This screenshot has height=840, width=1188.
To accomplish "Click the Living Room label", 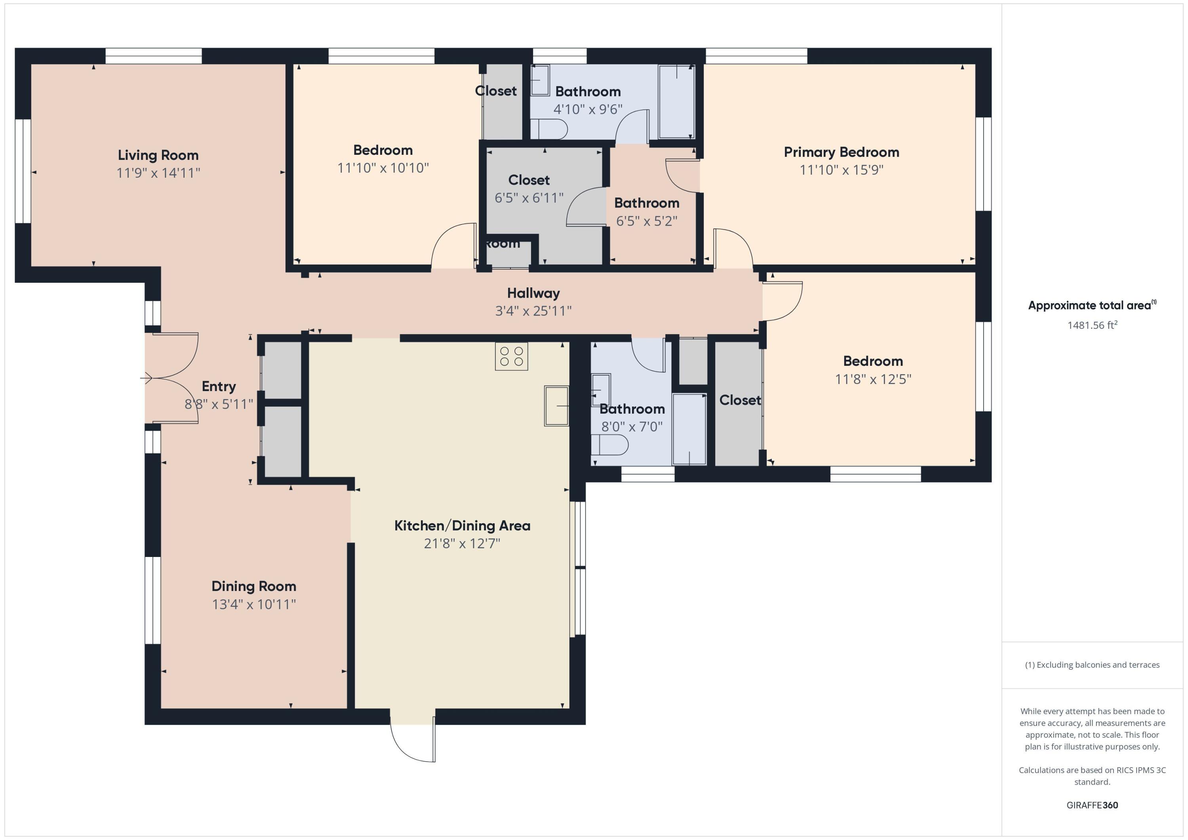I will click(158, 155).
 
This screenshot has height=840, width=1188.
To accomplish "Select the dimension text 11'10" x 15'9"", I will click(841, 170).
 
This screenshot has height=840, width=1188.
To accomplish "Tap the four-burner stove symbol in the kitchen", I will click(511, 356).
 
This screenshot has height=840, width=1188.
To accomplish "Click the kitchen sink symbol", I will click(556, 406).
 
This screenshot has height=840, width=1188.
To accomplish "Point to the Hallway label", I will click(533, 293).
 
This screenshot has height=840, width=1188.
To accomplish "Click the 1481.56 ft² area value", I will click(1092, 325).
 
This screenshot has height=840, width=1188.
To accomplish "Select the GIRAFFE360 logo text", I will click(1092, 805).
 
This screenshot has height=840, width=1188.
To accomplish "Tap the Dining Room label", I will click(253, 586).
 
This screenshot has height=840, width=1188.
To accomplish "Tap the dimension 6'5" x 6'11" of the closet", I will click(528, 198).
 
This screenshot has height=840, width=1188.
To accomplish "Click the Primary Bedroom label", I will click(841, 152).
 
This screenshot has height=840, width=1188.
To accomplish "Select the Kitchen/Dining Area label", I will click(462, 526).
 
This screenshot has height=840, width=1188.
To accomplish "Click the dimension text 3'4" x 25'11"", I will click(533, 311).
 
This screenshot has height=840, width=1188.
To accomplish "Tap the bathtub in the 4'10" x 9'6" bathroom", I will click(676, 101).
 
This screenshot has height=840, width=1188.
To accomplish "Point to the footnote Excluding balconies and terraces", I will click(1092, 665).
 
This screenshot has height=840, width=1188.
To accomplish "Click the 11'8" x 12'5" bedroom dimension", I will click(873, 379).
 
